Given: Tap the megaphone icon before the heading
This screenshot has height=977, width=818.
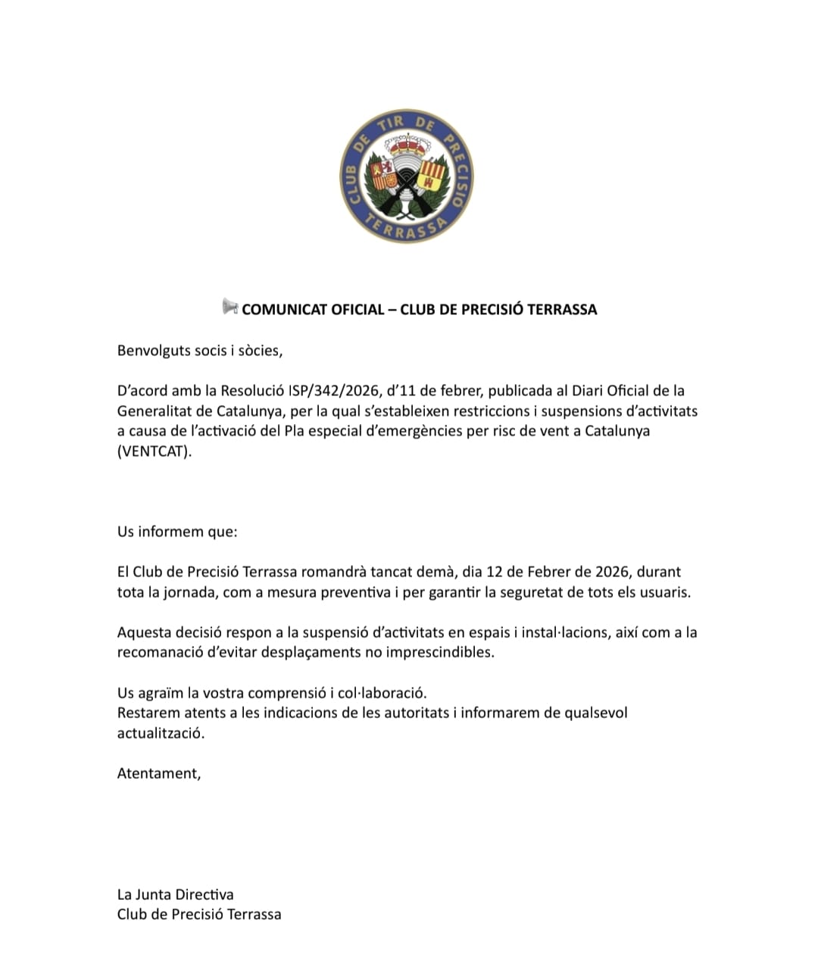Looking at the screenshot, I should coord(229,307).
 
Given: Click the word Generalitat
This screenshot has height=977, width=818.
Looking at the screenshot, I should coord(155,411).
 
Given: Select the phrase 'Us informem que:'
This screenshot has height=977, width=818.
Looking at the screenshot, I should coord(177,531).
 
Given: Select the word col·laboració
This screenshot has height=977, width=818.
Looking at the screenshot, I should coord(382,692).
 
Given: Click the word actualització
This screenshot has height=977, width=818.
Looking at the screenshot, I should coord(161,733).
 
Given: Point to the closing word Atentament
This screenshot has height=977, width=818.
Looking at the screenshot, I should coord(158,773).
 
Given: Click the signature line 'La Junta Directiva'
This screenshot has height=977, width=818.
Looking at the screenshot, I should coord(175,894).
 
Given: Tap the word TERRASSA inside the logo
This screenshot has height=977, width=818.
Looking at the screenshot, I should coord(405,229).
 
